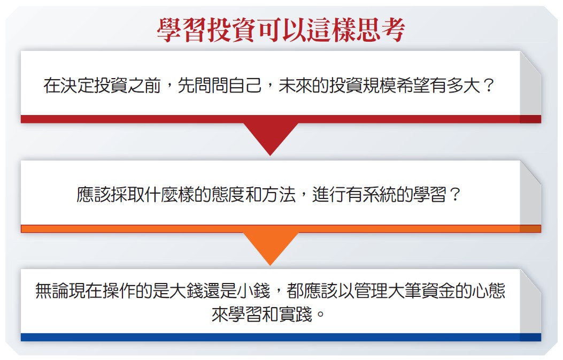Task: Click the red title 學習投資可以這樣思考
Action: [x=281, y=30]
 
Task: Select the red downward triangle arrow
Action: [x=271, y=139]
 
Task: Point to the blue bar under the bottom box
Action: [x=281, y=337]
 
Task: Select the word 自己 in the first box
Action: [x=245, y=86]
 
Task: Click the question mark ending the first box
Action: [x=488, y=86]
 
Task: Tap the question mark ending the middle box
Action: [x=454, y=195]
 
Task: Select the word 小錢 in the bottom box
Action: [x=253, y=290]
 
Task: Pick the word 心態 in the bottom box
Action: [x=489, y=290]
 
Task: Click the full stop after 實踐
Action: [x=320, y=315]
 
